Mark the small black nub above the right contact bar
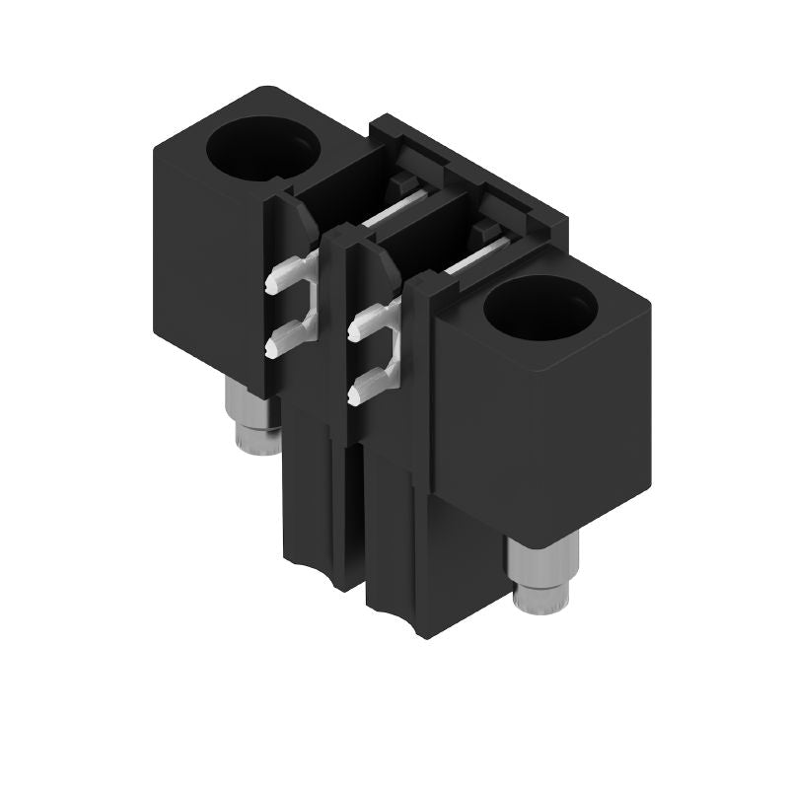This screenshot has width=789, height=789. coord(483,229)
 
